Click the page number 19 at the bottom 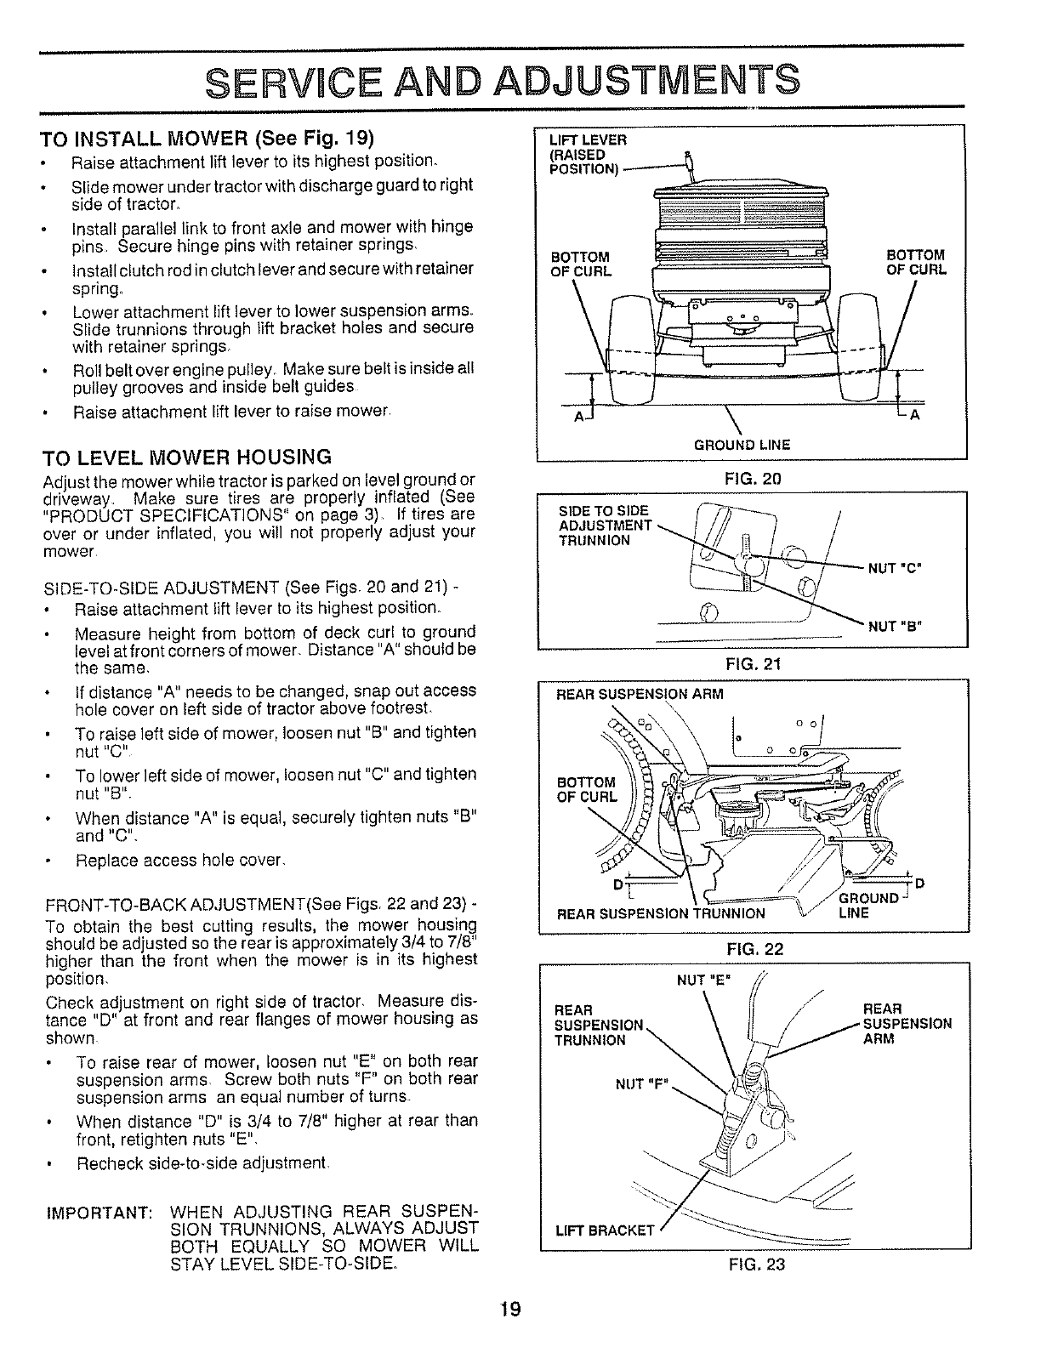tap(509, 1309)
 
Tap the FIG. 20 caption tap(752, 479)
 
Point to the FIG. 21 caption tap(752, 663)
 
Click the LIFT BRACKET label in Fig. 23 tap(604, 1230)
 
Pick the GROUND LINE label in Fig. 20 tap(742, 445)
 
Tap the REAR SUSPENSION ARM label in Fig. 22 tap(639, 694)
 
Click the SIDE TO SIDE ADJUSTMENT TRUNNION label tap(603, 525)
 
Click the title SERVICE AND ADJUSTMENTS tap(503, 81)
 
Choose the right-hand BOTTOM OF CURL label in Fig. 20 tap(915, 263)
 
